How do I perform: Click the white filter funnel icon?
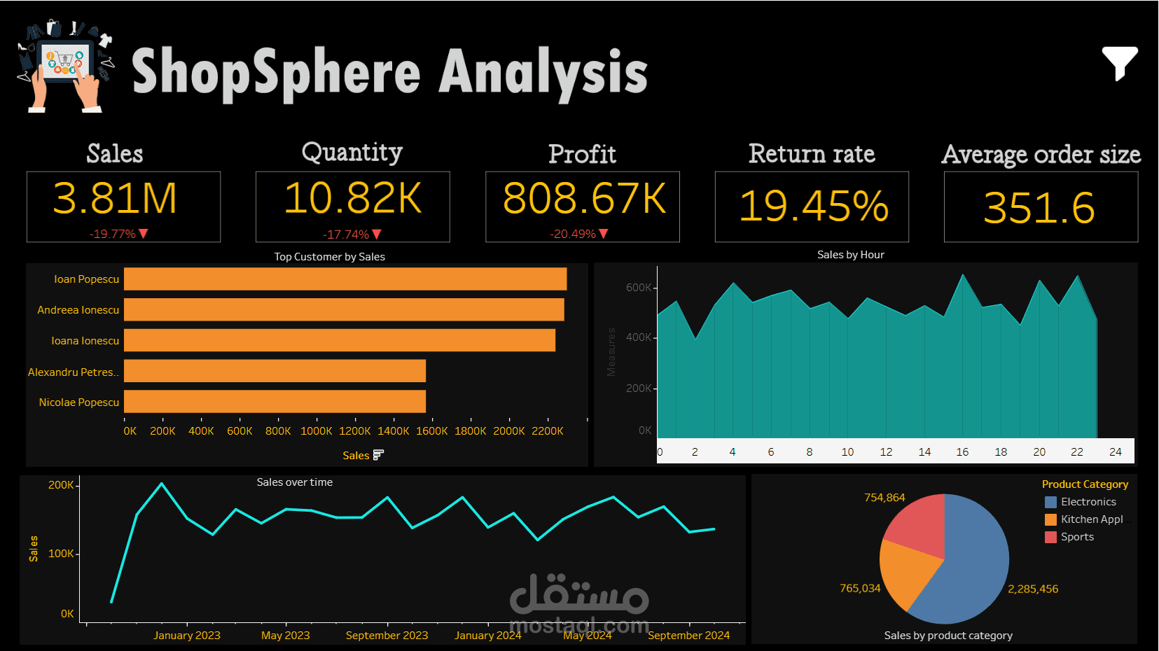[x=1119, y=63]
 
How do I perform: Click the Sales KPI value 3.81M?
[x=115, y=199]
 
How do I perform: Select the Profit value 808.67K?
[x=583, y=199]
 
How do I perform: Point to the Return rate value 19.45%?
[x=813, y=206]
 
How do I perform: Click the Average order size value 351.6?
[x=1039, y=208]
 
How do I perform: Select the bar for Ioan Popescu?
[x=345, y=279]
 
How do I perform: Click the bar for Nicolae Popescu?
[x=275, y=402]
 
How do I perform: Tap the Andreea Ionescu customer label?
[x=78, y=310]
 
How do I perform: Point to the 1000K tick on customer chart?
[x=316, y=431]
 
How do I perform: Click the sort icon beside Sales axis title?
[x=378, y=455]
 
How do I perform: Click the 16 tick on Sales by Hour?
[x=962, y=452]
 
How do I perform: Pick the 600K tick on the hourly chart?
[x=638, y=288]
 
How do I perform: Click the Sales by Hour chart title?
[x=850, y=255]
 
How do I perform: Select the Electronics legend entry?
[x=1088, y=502]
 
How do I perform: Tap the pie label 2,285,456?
[x=1032, y=589]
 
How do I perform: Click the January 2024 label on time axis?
[x=487, y=636]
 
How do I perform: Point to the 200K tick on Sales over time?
[x=61, y=485]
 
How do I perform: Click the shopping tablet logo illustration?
[x=65, y=66]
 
